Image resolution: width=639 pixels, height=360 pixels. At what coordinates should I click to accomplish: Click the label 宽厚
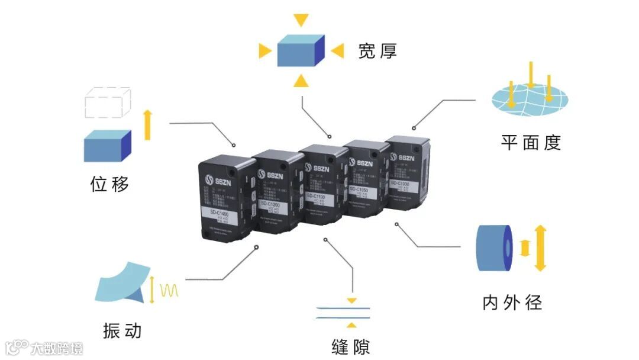(x=377, y=52)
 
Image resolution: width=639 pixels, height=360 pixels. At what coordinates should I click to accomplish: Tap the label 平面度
(x=530, y=142)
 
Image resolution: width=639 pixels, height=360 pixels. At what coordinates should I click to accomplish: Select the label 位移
(x=109, y=184)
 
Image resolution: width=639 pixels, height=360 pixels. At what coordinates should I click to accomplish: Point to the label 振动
(x=122, y=330)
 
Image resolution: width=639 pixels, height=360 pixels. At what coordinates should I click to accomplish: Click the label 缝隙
(x=351, y=345)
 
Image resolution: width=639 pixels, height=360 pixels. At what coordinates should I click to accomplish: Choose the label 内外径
(x=512, y=303)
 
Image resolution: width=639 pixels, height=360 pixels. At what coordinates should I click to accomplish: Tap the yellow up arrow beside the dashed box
(x=147, y=124)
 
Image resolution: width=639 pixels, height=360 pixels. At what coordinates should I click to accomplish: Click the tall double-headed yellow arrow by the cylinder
(x=540, y=248)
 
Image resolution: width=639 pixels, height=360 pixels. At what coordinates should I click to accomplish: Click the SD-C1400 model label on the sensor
(x=222, y=211)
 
